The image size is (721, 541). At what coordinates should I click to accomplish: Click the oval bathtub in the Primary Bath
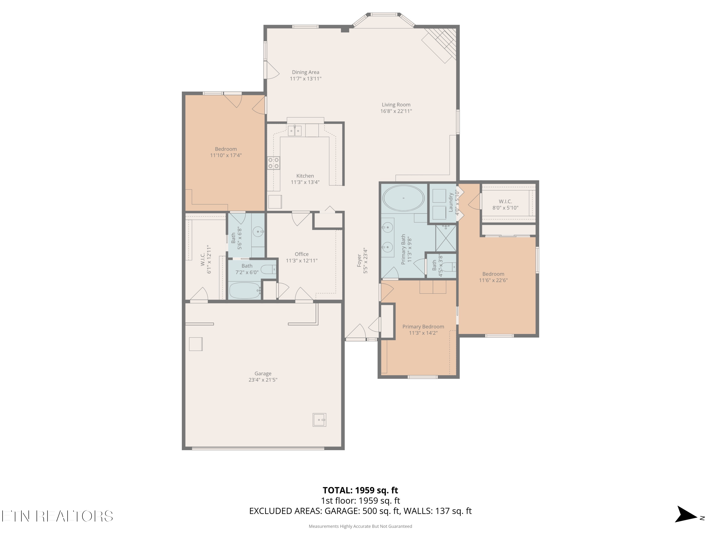coord(403,198)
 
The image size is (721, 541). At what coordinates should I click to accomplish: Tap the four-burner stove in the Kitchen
coord(273,163)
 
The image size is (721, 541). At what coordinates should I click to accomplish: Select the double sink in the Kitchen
coord(295,130)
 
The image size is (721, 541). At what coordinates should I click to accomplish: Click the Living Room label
coord(396,105)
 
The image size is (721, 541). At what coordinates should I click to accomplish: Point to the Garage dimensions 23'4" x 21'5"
coord(263,380)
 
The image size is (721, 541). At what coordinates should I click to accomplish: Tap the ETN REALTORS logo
coord(57,516)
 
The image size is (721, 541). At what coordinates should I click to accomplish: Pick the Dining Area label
coord(305,72)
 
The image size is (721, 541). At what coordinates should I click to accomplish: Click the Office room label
coord(302,254)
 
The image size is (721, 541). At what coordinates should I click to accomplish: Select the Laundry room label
coord(451,202)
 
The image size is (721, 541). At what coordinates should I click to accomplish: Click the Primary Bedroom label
coord(423,327)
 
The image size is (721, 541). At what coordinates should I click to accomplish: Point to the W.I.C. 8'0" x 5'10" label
coord(505,204)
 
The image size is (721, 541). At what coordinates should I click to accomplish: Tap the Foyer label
coord(359,261)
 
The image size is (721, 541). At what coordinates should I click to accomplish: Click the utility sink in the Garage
coord(319,420)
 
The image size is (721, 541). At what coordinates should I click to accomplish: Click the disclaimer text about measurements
coord(360,526)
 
